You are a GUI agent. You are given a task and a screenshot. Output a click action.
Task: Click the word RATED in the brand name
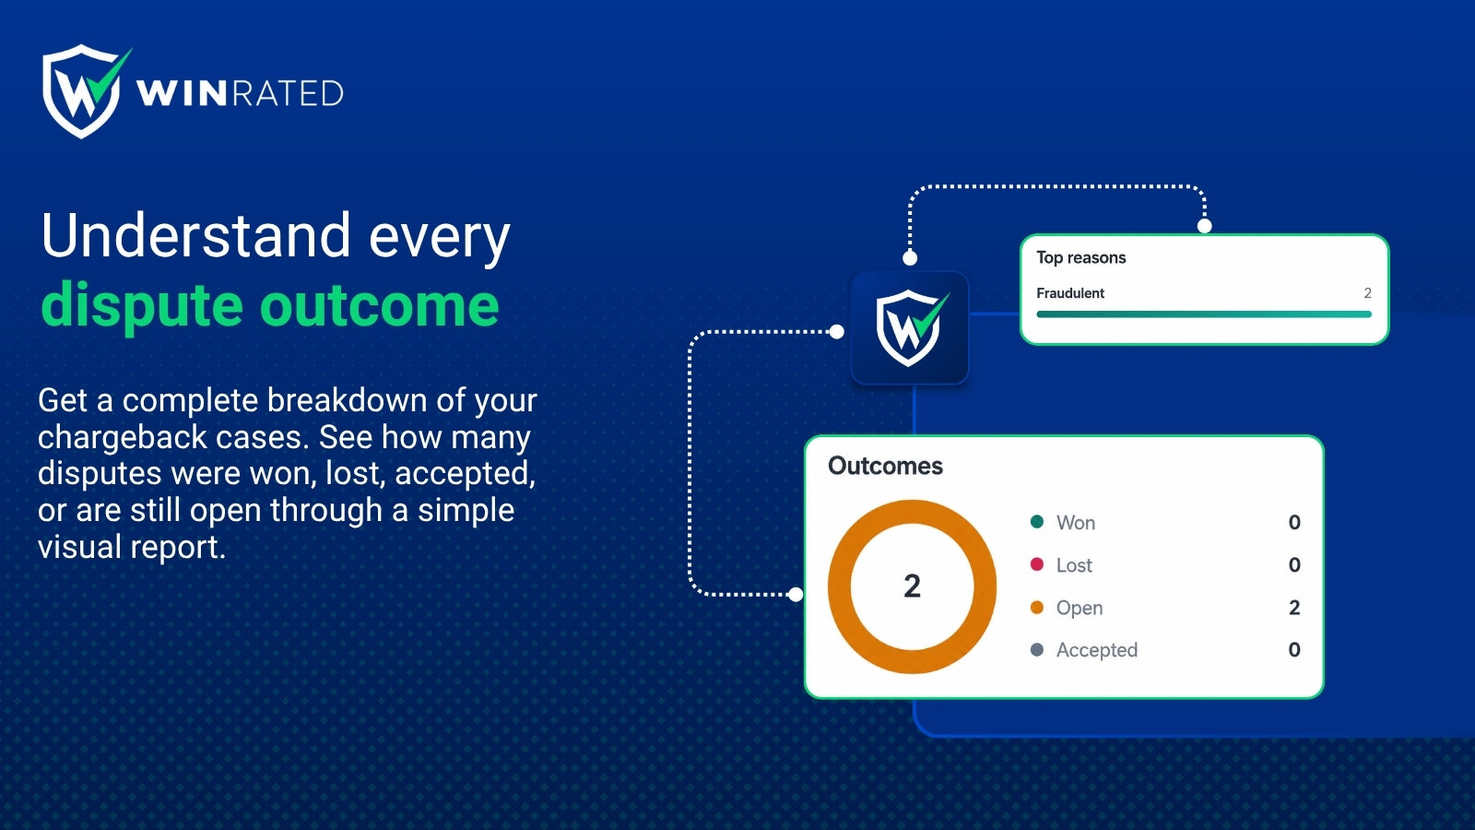[289, 93]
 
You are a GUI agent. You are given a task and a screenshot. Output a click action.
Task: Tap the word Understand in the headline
[195, 235]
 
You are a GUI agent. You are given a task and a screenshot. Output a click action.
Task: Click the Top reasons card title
[1080, 257]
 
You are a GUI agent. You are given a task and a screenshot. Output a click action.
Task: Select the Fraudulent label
[1070, 293]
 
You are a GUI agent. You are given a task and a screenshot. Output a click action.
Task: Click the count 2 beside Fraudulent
[1367, 293]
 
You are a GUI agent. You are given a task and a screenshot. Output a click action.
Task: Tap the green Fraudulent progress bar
[1204, 314]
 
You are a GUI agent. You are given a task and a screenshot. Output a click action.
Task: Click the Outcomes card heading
[885, 466]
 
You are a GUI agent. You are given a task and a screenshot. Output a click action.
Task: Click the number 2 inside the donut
[912, 587]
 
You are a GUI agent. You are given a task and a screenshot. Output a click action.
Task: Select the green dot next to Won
[1036, 522]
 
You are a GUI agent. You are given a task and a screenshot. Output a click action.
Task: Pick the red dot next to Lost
[1036, 564]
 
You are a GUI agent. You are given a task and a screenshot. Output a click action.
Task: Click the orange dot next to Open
[1036, 608]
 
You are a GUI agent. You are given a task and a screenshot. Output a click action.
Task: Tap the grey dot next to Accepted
[1036, 649]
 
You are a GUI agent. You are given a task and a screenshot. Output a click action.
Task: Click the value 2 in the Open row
[1294, 608]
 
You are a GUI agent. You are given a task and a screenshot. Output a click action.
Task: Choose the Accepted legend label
[1097, 650]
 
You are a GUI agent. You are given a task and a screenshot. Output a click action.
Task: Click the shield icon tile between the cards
[910, 327]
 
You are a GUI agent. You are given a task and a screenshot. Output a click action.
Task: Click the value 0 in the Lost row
[1294, 564]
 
